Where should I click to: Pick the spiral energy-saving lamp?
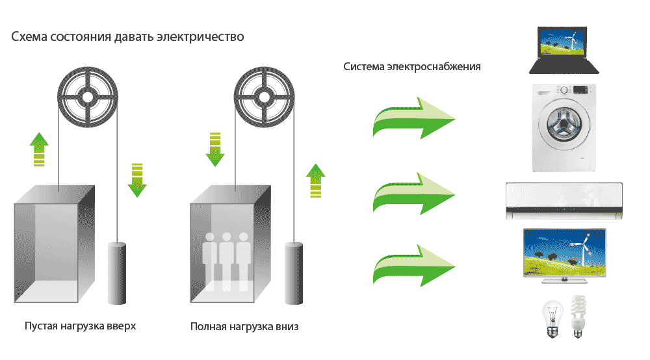[577, 317]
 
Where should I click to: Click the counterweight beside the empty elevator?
[117, 274]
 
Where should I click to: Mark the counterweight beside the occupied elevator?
[294, 274]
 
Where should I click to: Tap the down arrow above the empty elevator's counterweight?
[136, 179]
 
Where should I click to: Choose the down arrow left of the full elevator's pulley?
[214, 148]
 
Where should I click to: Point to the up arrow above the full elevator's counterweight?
[315, 179]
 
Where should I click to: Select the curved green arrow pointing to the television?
[413, 265]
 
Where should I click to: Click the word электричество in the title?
[200, 36]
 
